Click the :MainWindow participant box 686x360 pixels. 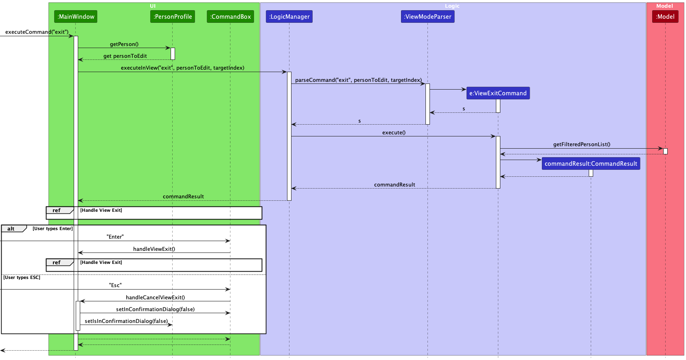pyautogui.click(x=76, y=17)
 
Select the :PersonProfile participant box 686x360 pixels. pyautogui.click(x=173, y=17)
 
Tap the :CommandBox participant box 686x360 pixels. pyautogui.click(x=230, y=17)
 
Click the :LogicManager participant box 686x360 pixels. pyautogui.click(x=289, y=17)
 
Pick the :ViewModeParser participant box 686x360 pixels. pyautogui.click(x=427, y=17)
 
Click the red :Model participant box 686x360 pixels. pyautogui.click(x=665, y=17)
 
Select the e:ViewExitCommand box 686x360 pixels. pyautogui.click(x=498, y=93)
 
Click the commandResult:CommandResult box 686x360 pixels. pyautogui.click(x=591, y=164)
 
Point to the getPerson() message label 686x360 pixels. pyautogui.click(x=124, y=44)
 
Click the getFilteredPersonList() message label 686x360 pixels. pyautogui.click(x=581, y=145)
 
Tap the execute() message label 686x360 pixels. pyautogui.click(x=394, y=133)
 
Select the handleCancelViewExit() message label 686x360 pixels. pyautogui.click(x=155, y=298)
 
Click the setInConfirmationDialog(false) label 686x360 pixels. pyautogui.click(x=155, y=310)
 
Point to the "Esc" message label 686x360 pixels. pyautogui.click(x=115, y=285)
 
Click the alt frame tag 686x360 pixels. pyautogui.click(x=11, y=229)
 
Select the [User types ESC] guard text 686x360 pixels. pyautogui.click(x=22, y=278)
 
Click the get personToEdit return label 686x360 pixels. pyautogui.click(x=125, y=56)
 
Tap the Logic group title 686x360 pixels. pyautogui.click(x=452, y=6)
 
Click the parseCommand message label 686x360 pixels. pyautogui.click(x=358, y=80)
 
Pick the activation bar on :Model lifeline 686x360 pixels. pyautogui.click(x=665, y=151)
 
